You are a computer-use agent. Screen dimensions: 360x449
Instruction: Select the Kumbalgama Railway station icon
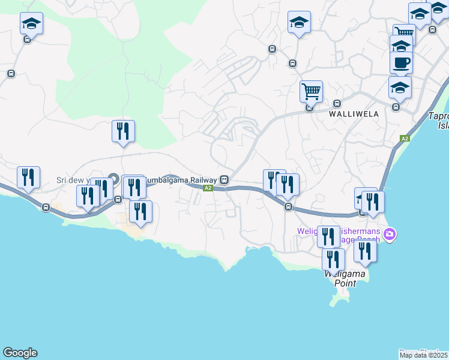[224, 179]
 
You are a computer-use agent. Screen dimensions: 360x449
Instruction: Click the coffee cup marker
[401, 62]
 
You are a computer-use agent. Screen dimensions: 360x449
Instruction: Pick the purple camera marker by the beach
[390, 233]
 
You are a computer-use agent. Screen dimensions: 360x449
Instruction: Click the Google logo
[20, 353]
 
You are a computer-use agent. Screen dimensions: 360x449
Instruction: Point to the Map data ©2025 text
[424, 355]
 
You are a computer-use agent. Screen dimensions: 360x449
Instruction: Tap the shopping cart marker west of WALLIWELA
[311, 92]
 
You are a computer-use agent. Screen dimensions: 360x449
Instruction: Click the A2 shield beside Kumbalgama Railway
[208, 188]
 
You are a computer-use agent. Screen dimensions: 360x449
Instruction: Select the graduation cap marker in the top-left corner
[31, 24]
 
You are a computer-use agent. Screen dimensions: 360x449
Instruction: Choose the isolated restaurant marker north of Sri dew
[123, 131]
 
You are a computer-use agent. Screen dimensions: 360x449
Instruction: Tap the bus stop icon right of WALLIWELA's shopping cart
[337, 103]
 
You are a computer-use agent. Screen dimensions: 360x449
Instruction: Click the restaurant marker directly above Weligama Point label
[333, 259]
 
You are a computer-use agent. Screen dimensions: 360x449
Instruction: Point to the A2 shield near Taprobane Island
[405, 139]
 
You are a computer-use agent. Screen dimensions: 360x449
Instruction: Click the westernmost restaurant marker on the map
[28, 177]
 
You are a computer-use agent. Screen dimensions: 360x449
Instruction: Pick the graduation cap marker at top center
[299, 23]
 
